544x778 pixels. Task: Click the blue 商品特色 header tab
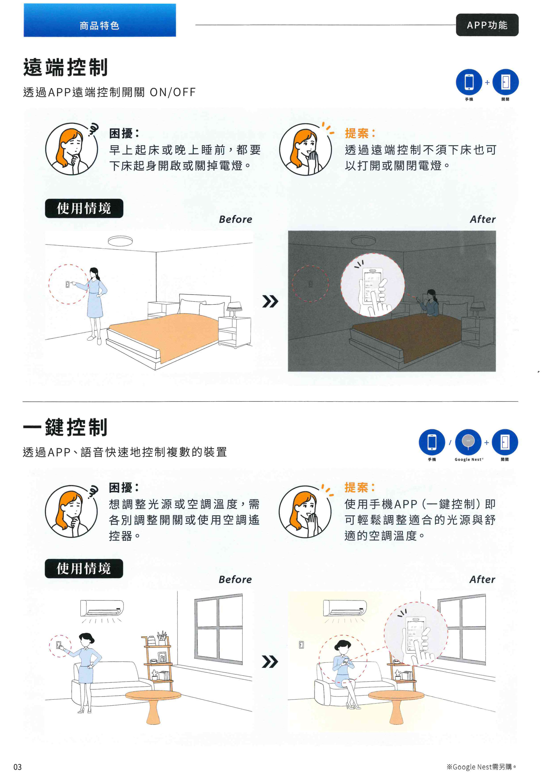(x=100, y=20)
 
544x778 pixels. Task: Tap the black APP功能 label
(x=487, y=25)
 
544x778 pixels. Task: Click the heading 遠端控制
(x=66, y=67)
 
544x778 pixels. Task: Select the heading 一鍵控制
(x=66, y=427)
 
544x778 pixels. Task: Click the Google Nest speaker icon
(x=468, y=442)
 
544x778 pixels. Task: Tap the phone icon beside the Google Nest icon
(x=432, y=442)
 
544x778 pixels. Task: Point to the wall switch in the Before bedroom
(x=68, y=284)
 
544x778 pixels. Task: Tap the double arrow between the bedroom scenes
(x=270, y=301)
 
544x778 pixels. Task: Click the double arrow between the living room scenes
(x=270, y=661)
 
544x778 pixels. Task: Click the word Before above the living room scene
(x=235, y=579)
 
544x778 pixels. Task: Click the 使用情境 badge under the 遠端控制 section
(x=84, y=208)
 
